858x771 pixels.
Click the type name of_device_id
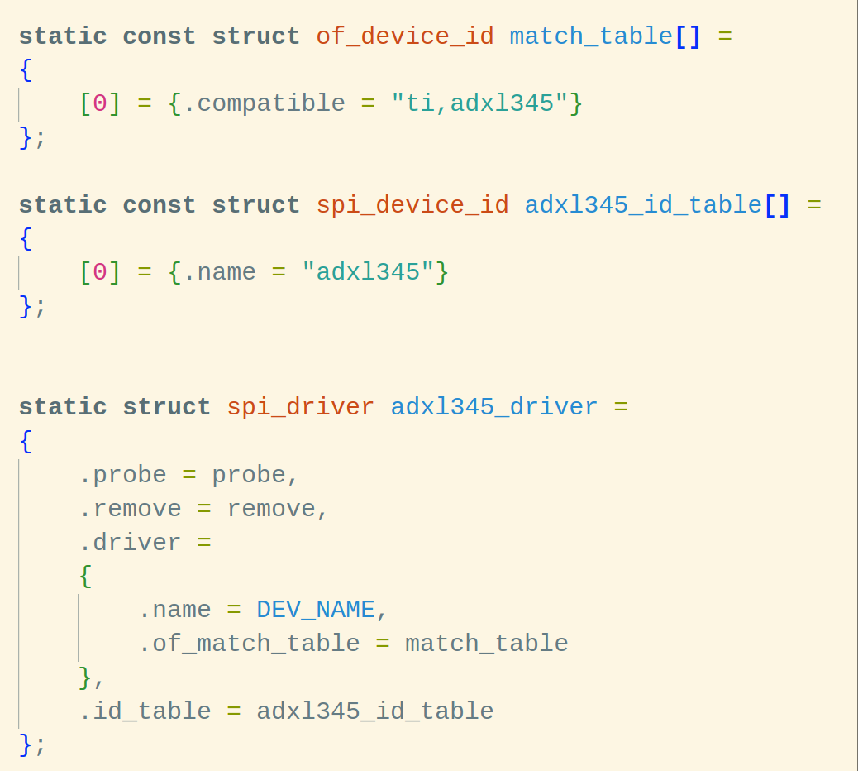405,36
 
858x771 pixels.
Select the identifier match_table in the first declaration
591,36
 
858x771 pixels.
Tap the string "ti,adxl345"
479,103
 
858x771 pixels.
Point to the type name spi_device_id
412,205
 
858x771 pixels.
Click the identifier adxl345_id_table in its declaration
643,205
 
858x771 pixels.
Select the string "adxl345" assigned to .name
368,272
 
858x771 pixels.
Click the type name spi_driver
300,407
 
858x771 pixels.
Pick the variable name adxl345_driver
494,407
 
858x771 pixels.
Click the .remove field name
130,509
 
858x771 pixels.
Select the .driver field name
130,543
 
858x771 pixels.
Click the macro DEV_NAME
316,610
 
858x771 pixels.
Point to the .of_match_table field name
249,644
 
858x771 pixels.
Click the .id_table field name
145,711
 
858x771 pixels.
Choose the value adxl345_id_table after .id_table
375,711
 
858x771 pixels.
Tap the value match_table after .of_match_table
487,644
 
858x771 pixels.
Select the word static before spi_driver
63,407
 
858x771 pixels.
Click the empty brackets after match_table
689,36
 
